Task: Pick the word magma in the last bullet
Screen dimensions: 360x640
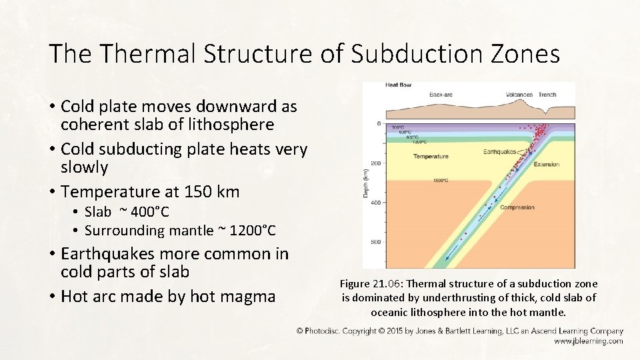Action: (x=247, y=296)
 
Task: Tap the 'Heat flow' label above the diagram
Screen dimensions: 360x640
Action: (x=398, y=85)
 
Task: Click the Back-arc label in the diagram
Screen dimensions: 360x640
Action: (x=441, y=95)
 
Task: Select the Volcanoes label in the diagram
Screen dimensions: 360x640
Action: (x=519, y=95)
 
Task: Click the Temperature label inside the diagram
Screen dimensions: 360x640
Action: (x=431, y=157)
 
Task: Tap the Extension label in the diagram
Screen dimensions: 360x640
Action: (x=547, y=164)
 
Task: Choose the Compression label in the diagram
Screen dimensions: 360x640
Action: (x=517, y=207)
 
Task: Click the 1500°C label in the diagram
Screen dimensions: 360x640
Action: (x=441, y=180)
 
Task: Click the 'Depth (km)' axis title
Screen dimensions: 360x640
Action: (x=366, y=183)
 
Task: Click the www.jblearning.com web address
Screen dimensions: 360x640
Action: (x=589, y=341)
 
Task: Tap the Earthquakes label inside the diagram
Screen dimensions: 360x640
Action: (x=500, y=152)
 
